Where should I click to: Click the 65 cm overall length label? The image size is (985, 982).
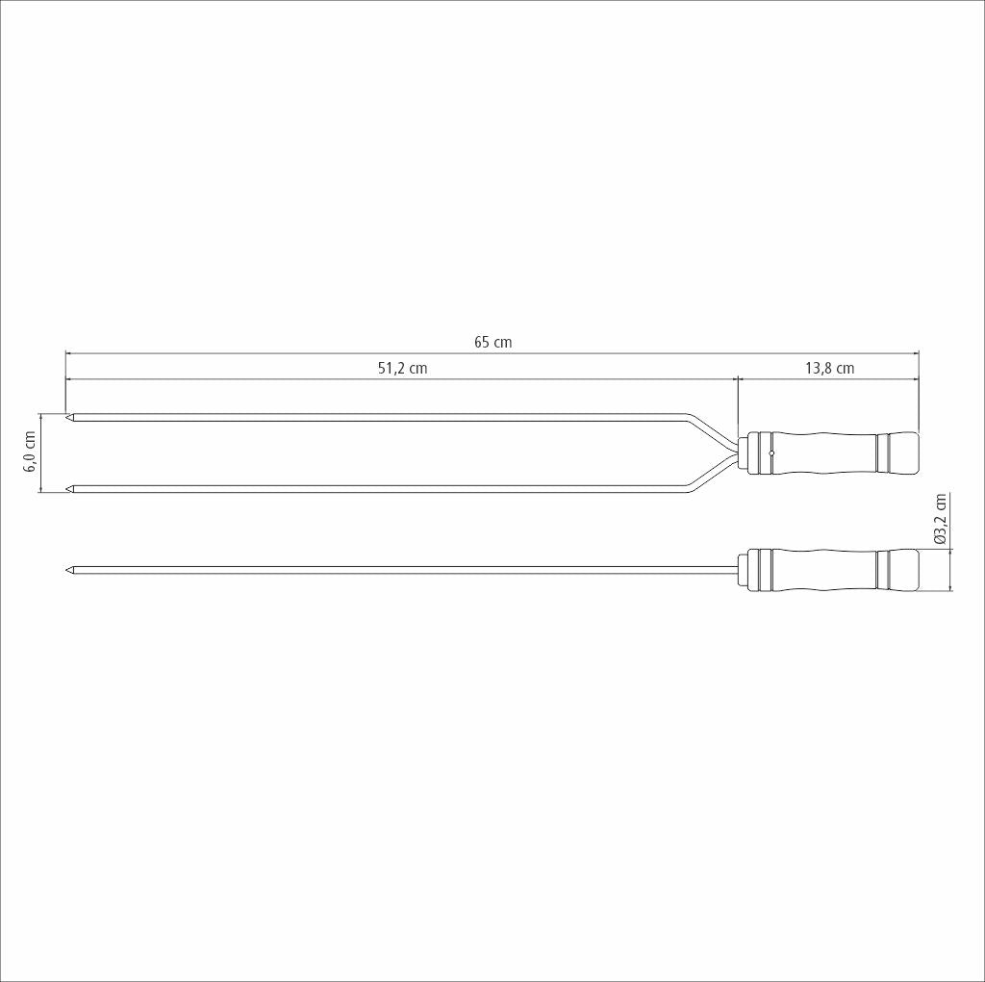[492, 343]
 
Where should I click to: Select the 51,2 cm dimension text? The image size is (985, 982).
[402, 368]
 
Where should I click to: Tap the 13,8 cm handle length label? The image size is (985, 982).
[828, 368]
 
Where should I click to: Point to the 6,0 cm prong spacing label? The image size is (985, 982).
[29, 452]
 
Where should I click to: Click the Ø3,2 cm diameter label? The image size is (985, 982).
[941, 521]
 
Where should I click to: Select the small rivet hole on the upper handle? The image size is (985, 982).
[771, 452]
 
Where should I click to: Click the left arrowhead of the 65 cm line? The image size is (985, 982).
[68, 353]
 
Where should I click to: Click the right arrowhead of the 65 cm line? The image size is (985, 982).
[916, 353]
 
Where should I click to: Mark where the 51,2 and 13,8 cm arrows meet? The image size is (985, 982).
[737, 379]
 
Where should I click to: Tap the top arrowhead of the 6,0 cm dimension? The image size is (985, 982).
[40, 416]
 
